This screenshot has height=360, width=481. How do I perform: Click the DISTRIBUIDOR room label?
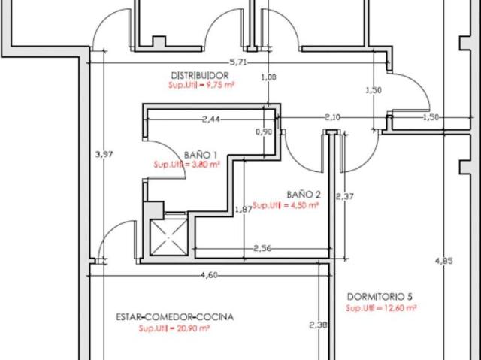point(200,75)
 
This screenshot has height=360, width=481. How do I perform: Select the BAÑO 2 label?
point(304,195)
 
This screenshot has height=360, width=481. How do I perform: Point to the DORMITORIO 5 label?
point(380,297)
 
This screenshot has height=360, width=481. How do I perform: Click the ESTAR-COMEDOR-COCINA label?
point(175,316)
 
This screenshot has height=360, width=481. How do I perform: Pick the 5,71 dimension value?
point(238,62)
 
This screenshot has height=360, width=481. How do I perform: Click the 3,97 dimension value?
point(104,154)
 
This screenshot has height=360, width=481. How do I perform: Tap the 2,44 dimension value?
point(210,119)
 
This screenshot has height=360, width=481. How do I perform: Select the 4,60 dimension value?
point(209,275)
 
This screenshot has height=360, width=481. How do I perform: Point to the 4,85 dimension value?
point(444,261)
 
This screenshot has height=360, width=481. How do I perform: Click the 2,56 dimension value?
point(262,248)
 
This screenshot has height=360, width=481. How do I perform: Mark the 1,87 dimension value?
point(244,210)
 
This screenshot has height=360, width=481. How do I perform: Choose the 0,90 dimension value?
point(264,132)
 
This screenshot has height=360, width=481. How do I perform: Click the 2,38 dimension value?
point(318,325)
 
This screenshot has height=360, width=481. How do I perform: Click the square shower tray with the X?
point(168,237)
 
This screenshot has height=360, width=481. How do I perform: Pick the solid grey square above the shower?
point(153,210)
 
